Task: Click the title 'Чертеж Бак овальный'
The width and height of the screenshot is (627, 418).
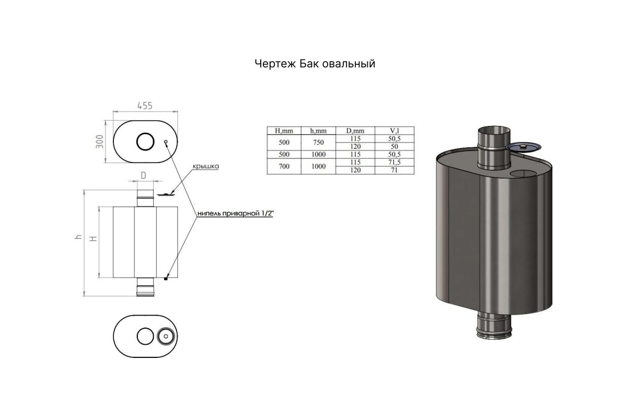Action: (315, 64)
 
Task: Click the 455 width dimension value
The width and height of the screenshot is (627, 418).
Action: (145, 106)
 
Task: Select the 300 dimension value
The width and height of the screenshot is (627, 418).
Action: (100, 142)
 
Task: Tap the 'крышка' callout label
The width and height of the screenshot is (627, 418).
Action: (206, 166)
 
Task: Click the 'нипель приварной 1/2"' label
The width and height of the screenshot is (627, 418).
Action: (235, 213)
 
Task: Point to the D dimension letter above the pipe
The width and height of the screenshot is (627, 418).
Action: (143, 176)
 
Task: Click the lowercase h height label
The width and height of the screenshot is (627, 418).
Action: (79, 237)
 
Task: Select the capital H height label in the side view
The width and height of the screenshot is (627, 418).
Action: (93, 239)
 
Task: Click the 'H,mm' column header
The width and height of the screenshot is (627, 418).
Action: (284, 131)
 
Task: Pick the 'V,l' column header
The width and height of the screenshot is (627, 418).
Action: (394, 131)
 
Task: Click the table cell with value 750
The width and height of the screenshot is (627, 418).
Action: (318, 143)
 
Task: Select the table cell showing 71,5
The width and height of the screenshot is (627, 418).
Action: (394, 162)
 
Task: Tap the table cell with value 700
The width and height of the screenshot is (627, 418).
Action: (284, 166)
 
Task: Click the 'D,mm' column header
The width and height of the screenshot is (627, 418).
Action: (355, 131)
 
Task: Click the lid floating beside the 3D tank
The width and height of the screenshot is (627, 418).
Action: (523, 147)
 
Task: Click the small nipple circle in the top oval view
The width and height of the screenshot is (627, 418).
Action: (166, 142)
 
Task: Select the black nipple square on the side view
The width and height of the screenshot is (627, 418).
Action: (166, 278)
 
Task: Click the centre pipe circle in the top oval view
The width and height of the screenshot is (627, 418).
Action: (145, 142)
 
